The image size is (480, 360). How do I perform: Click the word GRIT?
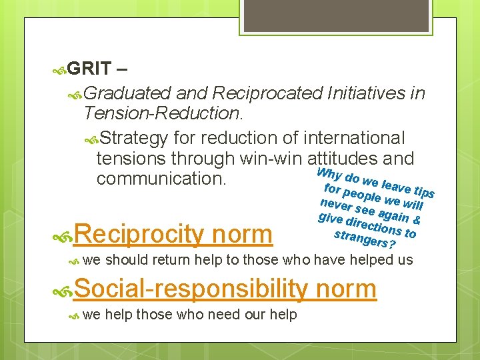[89, 69]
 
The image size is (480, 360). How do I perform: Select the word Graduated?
[127, 93]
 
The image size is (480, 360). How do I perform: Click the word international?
[353, 138]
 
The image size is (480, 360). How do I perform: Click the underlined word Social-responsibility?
[191, 289]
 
